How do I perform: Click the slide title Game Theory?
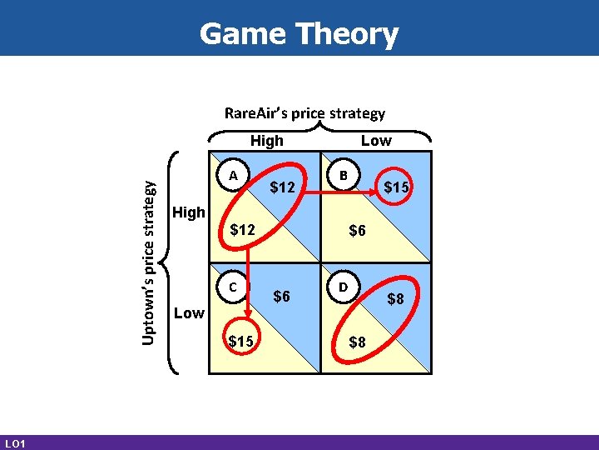point(299,34)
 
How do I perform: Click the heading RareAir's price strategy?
point(304,112)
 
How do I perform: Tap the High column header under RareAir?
point(266,141)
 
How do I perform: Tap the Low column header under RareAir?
point(375,141)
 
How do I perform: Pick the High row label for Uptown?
point(189,212)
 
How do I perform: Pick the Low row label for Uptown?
point(189,312)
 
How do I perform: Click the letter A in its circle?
point(235,175)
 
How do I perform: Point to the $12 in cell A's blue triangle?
point(283,188)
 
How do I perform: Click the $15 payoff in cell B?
point(395,188)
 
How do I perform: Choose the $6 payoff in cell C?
point(282,297)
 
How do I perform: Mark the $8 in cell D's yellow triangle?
point(356,341)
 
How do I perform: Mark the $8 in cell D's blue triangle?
point(395,297)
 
